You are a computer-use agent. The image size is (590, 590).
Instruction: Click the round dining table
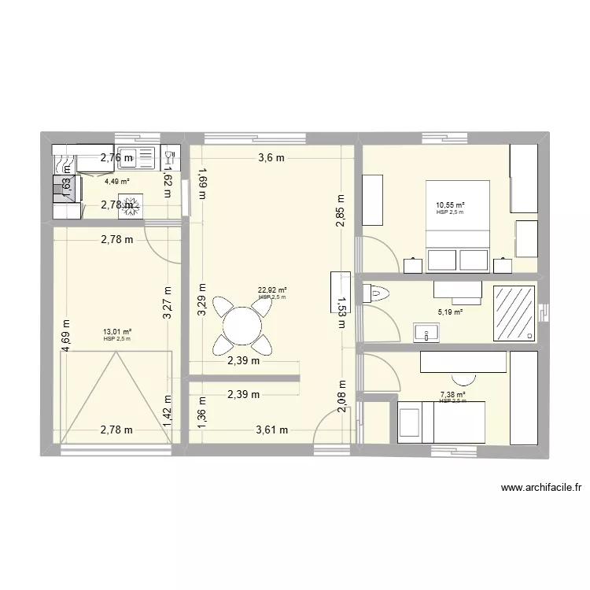click(242, 323)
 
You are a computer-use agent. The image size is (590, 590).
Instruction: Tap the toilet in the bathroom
click(378, 294)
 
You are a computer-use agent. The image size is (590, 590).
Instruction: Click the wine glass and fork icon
click(170, 157)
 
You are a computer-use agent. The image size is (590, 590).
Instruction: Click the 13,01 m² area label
click(116, 332)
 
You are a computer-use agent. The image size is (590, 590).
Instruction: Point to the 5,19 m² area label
click(450, 312)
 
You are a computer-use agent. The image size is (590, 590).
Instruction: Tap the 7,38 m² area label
click(452, 395)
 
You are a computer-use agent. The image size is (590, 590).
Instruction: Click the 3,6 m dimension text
click(271, 157)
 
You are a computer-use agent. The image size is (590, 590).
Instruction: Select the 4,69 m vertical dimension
click(66, 335)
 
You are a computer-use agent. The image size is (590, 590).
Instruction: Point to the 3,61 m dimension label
click(271, 430)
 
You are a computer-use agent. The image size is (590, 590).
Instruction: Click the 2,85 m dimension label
click(340, 212)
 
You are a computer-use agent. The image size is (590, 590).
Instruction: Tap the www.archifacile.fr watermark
click(540, 489)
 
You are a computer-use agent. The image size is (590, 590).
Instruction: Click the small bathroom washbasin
click(426, 334)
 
